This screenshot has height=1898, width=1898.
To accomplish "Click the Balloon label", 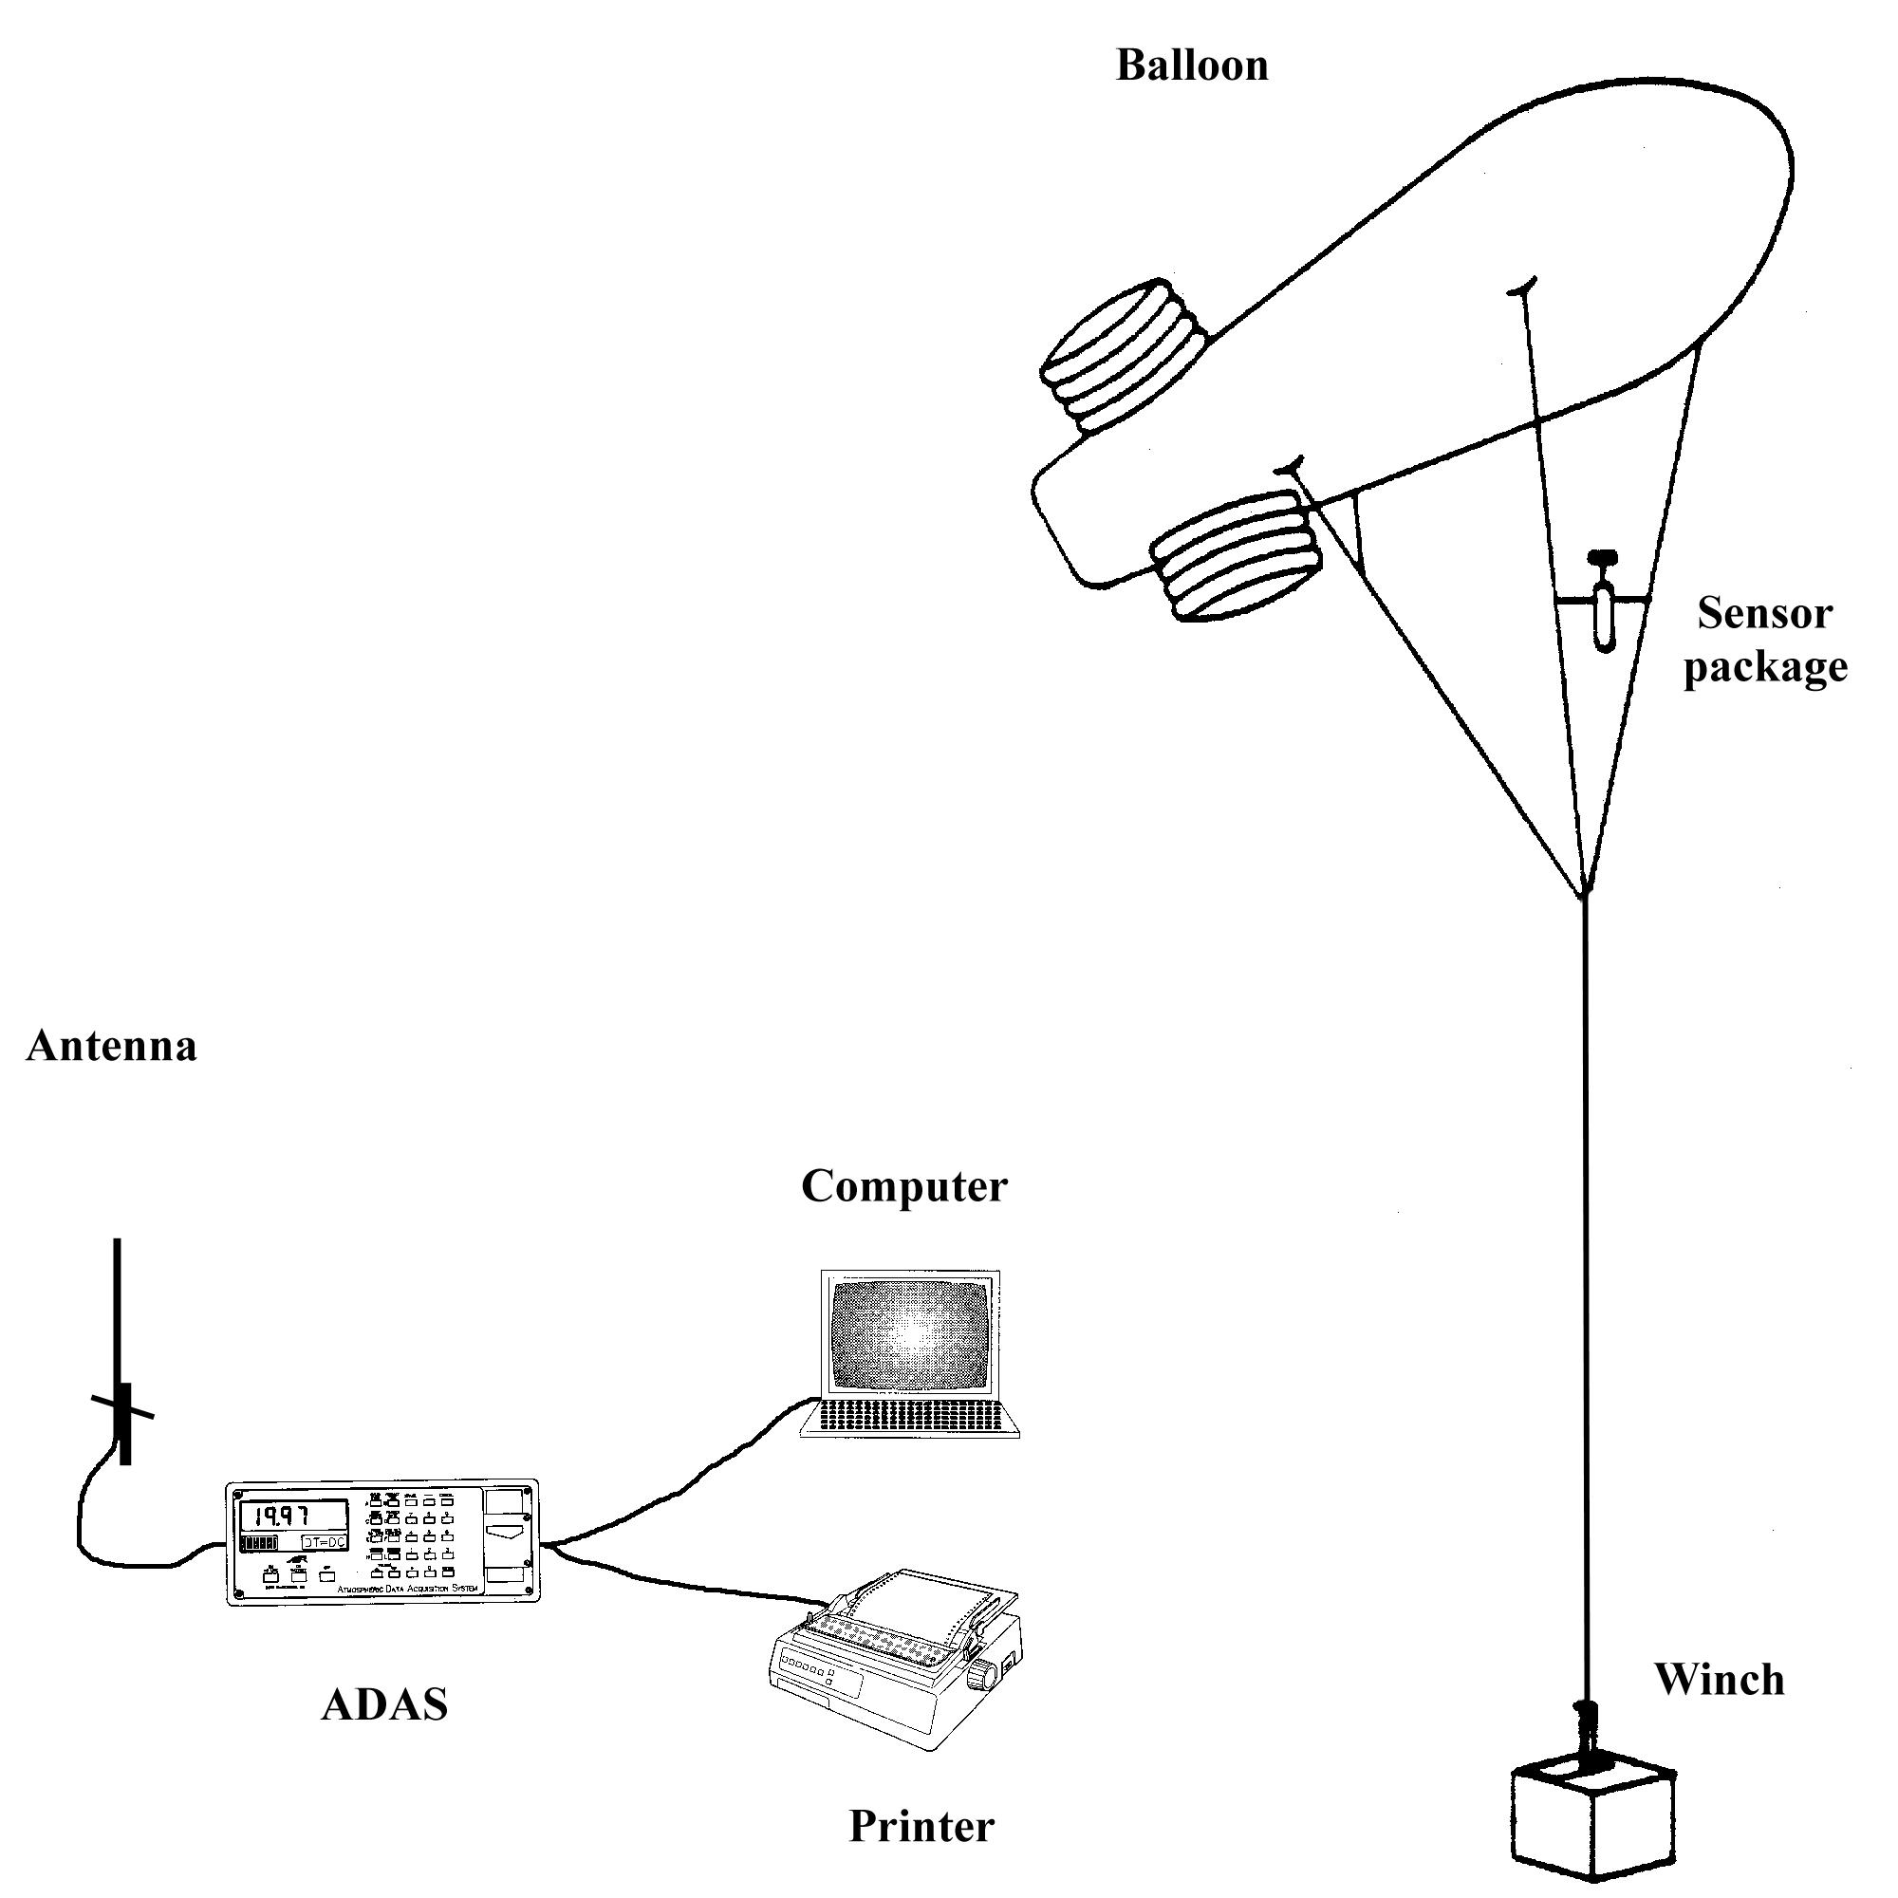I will (x=1192, y=65).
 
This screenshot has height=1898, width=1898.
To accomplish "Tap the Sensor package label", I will (x=1764, y=641).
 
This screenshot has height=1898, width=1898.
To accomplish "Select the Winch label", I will (x=1720, y=1679).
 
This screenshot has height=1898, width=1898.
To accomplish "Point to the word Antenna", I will (x=111, y=1045).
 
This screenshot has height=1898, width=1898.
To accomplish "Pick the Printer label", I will (x=921, y=1825).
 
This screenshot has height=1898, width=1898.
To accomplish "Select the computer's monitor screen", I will (x=909, y=1335).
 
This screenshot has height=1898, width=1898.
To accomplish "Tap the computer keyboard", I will (x=910, y=1416).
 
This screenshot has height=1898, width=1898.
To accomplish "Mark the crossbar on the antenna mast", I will (x=122, y=1406).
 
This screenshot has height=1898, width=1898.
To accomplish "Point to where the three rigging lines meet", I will (x=1584, y=894).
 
